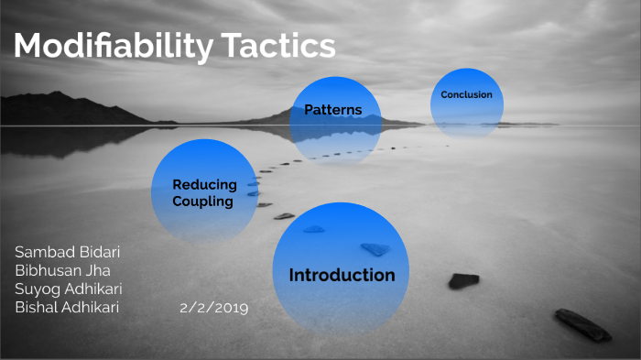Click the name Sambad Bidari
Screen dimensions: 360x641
point(67,252)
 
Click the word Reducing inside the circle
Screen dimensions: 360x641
point(204,184)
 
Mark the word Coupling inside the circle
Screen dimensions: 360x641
point(203,201)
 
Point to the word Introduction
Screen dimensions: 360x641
point(342,275)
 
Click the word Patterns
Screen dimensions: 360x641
point(333,110)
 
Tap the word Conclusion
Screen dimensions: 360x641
point(466,94)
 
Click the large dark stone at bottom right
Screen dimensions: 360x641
point(582,324)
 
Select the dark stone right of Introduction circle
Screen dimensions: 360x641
point(463,280)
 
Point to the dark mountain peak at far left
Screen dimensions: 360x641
point(57,95)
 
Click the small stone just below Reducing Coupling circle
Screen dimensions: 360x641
point(284,216)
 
